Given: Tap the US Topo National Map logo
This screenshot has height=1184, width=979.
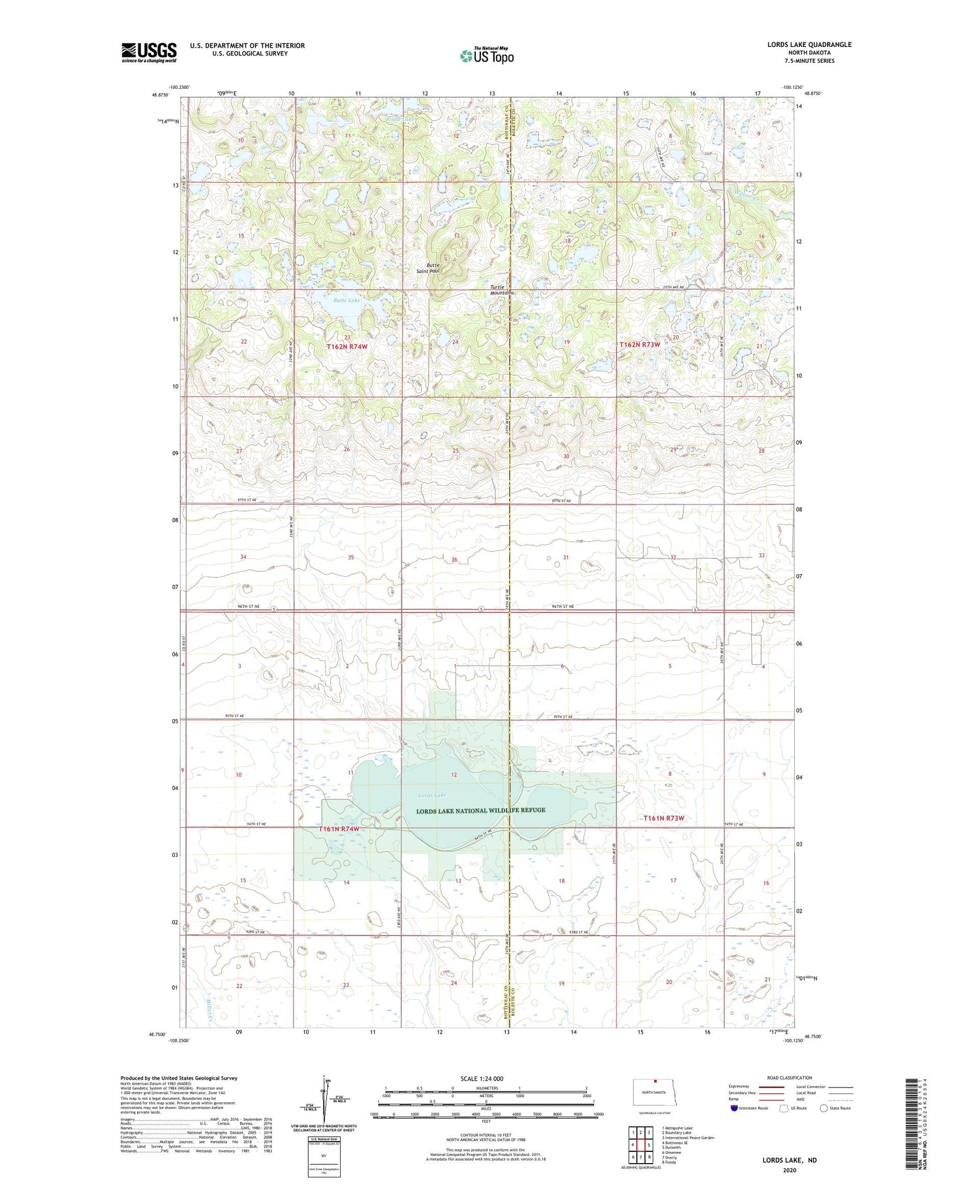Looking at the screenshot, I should [486, 56].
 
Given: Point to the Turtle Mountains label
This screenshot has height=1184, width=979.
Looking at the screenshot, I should [502, 290].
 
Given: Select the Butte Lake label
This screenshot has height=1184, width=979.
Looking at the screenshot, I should [346, 300].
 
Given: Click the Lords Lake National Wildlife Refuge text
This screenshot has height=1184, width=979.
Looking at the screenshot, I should [481, 810].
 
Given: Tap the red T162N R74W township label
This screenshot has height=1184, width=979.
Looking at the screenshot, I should [347, 347].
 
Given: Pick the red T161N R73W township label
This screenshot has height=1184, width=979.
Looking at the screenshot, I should [664, 818].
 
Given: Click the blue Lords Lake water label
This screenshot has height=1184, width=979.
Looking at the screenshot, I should [431, 795].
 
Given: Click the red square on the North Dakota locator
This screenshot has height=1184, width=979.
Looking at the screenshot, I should [655, 1081].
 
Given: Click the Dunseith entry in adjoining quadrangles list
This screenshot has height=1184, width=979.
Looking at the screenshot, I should [672, 1147].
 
